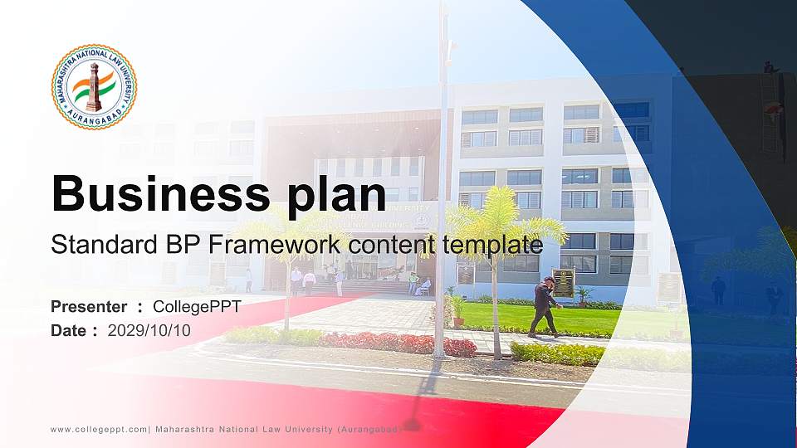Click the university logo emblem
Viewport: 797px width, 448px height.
pyautogui.click(x=94, y=86)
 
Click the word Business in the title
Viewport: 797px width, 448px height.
pyautogui.click(x=151, y=194)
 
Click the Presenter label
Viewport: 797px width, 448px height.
pyautogui.click(x=89, y=307)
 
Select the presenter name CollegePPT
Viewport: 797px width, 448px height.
pyautogui.click(x=197, y=307)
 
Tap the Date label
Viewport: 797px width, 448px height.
pyautogui.click(x=69, y=330)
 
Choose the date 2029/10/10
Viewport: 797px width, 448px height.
pyautogui.click(x=149, y=330)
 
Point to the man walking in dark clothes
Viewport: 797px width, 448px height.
pyautogui.click(x=545, y=306)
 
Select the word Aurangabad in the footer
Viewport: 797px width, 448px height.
pyautogui.click(x=369, y=429)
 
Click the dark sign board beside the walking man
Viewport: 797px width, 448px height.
pyautogui.click(x=564, y=282)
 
